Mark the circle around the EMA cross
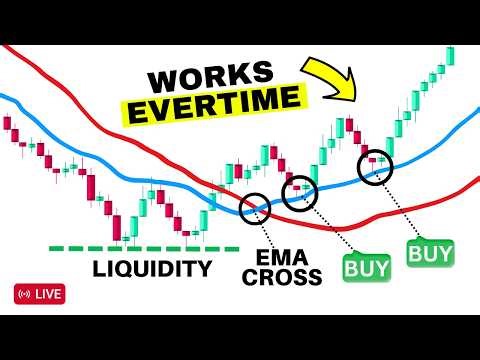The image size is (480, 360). tap(255, 208)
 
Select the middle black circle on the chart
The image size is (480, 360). tap(299, 191)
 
